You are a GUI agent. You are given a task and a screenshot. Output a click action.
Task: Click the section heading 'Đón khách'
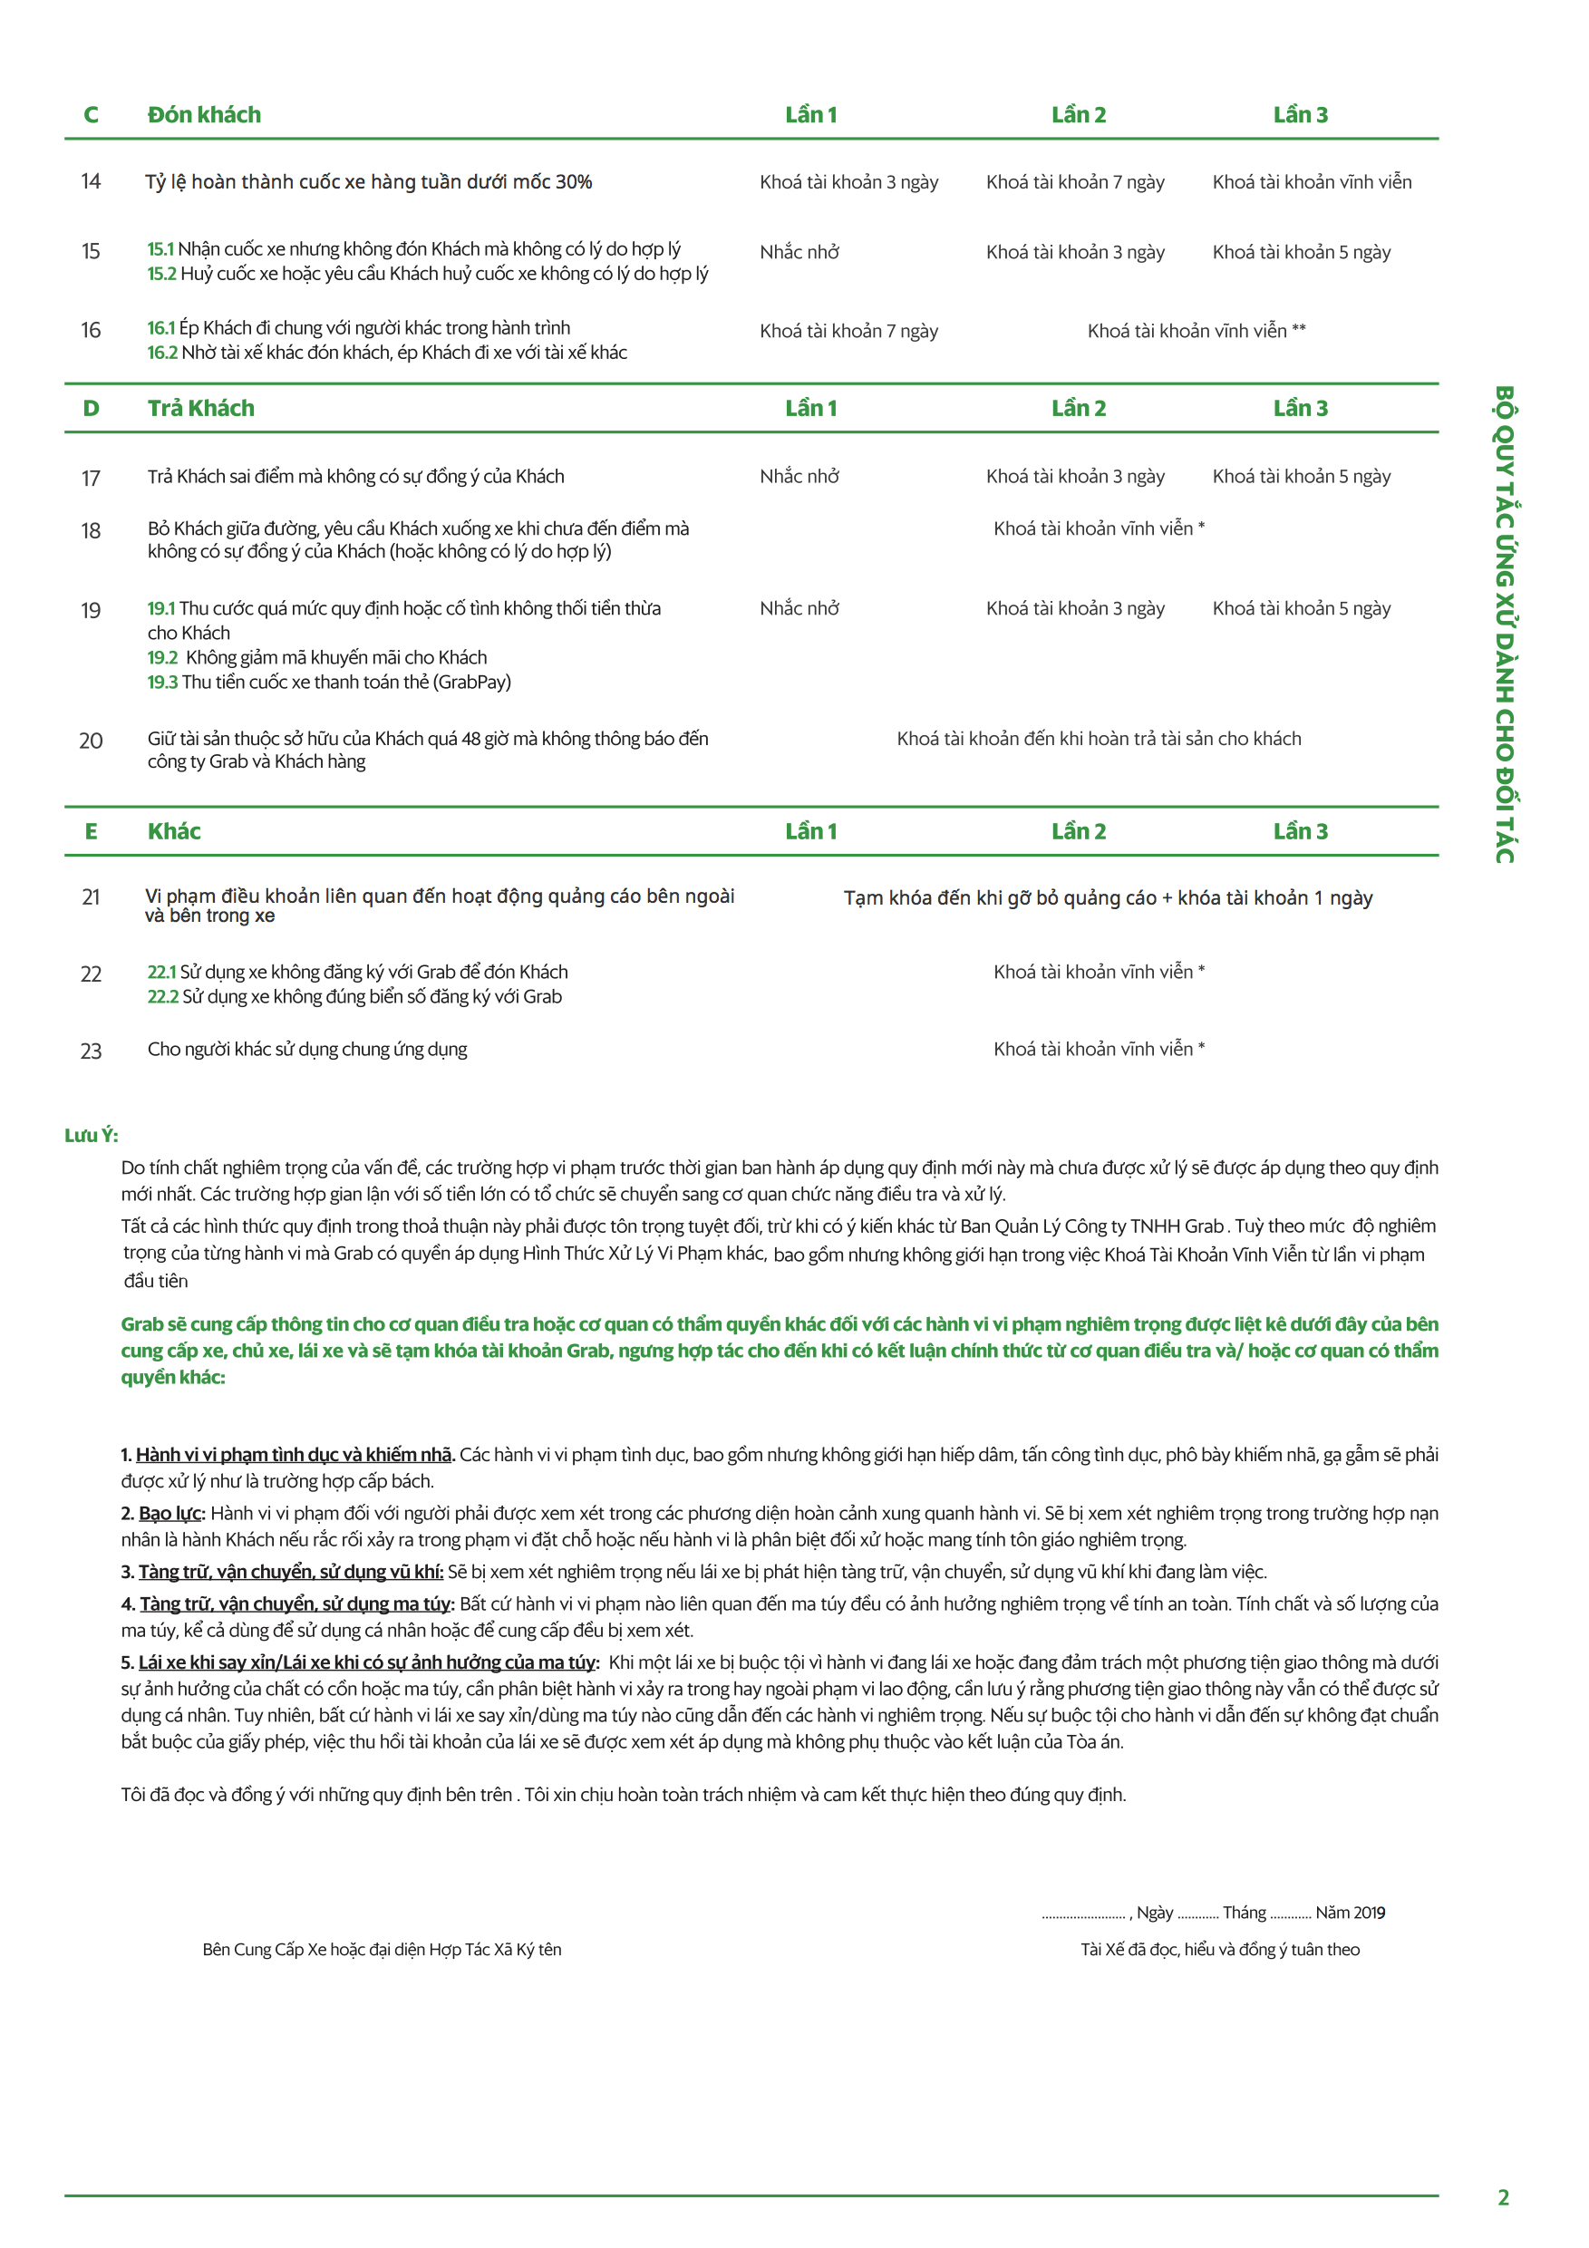204,114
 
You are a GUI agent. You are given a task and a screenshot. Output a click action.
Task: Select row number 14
91,181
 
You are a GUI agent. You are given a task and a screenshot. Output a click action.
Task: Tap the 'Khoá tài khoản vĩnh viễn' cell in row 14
1311,182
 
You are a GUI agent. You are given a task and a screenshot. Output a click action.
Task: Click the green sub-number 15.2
161,274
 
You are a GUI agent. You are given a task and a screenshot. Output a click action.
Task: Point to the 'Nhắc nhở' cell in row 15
799,253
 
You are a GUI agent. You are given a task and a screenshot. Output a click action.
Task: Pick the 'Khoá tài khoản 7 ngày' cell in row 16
848,331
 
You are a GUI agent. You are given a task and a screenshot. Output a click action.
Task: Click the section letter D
91,408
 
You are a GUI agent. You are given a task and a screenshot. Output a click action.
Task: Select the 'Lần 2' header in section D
1078,408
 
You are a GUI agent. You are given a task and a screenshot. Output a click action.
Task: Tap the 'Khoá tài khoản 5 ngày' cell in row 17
1301,477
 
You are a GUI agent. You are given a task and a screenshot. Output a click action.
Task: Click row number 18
91,530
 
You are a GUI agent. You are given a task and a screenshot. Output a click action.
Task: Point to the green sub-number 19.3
162,683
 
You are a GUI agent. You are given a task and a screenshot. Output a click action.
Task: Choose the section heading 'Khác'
174,831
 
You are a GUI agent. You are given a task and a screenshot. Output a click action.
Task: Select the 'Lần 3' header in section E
1300,831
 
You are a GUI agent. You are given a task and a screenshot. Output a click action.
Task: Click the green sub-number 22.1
161,973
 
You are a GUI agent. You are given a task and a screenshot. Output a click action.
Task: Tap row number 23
91,1051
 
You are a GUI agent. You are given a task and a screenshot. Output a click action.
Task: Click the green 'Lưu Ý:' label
91,1136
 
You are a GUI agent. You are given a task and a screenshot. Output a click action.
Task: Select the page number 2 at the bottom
1503,2197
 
